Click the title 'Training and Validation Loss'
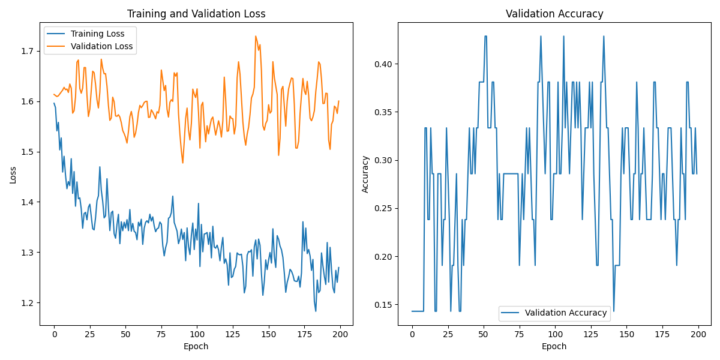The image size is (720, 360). point(196,14)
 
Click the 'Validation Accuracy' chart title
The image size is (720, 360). point(554,14)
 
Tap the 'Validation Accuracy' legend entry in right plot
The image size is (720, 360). point(566,313)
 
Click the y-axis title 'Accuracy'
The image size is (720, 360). point(365,174)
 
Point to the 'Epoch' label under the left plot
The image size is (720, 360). point(196,346)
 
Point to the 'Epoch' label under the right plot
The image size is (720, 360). point(554,346)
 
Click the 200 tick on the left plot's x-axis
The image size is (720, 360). point(340,334)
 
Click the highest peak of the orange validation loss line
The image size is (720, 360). point(256,36)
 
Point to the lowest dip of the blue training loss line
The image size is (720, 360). point(316,311)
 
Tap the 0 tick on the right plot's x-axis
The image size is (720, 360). point(412,334)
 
